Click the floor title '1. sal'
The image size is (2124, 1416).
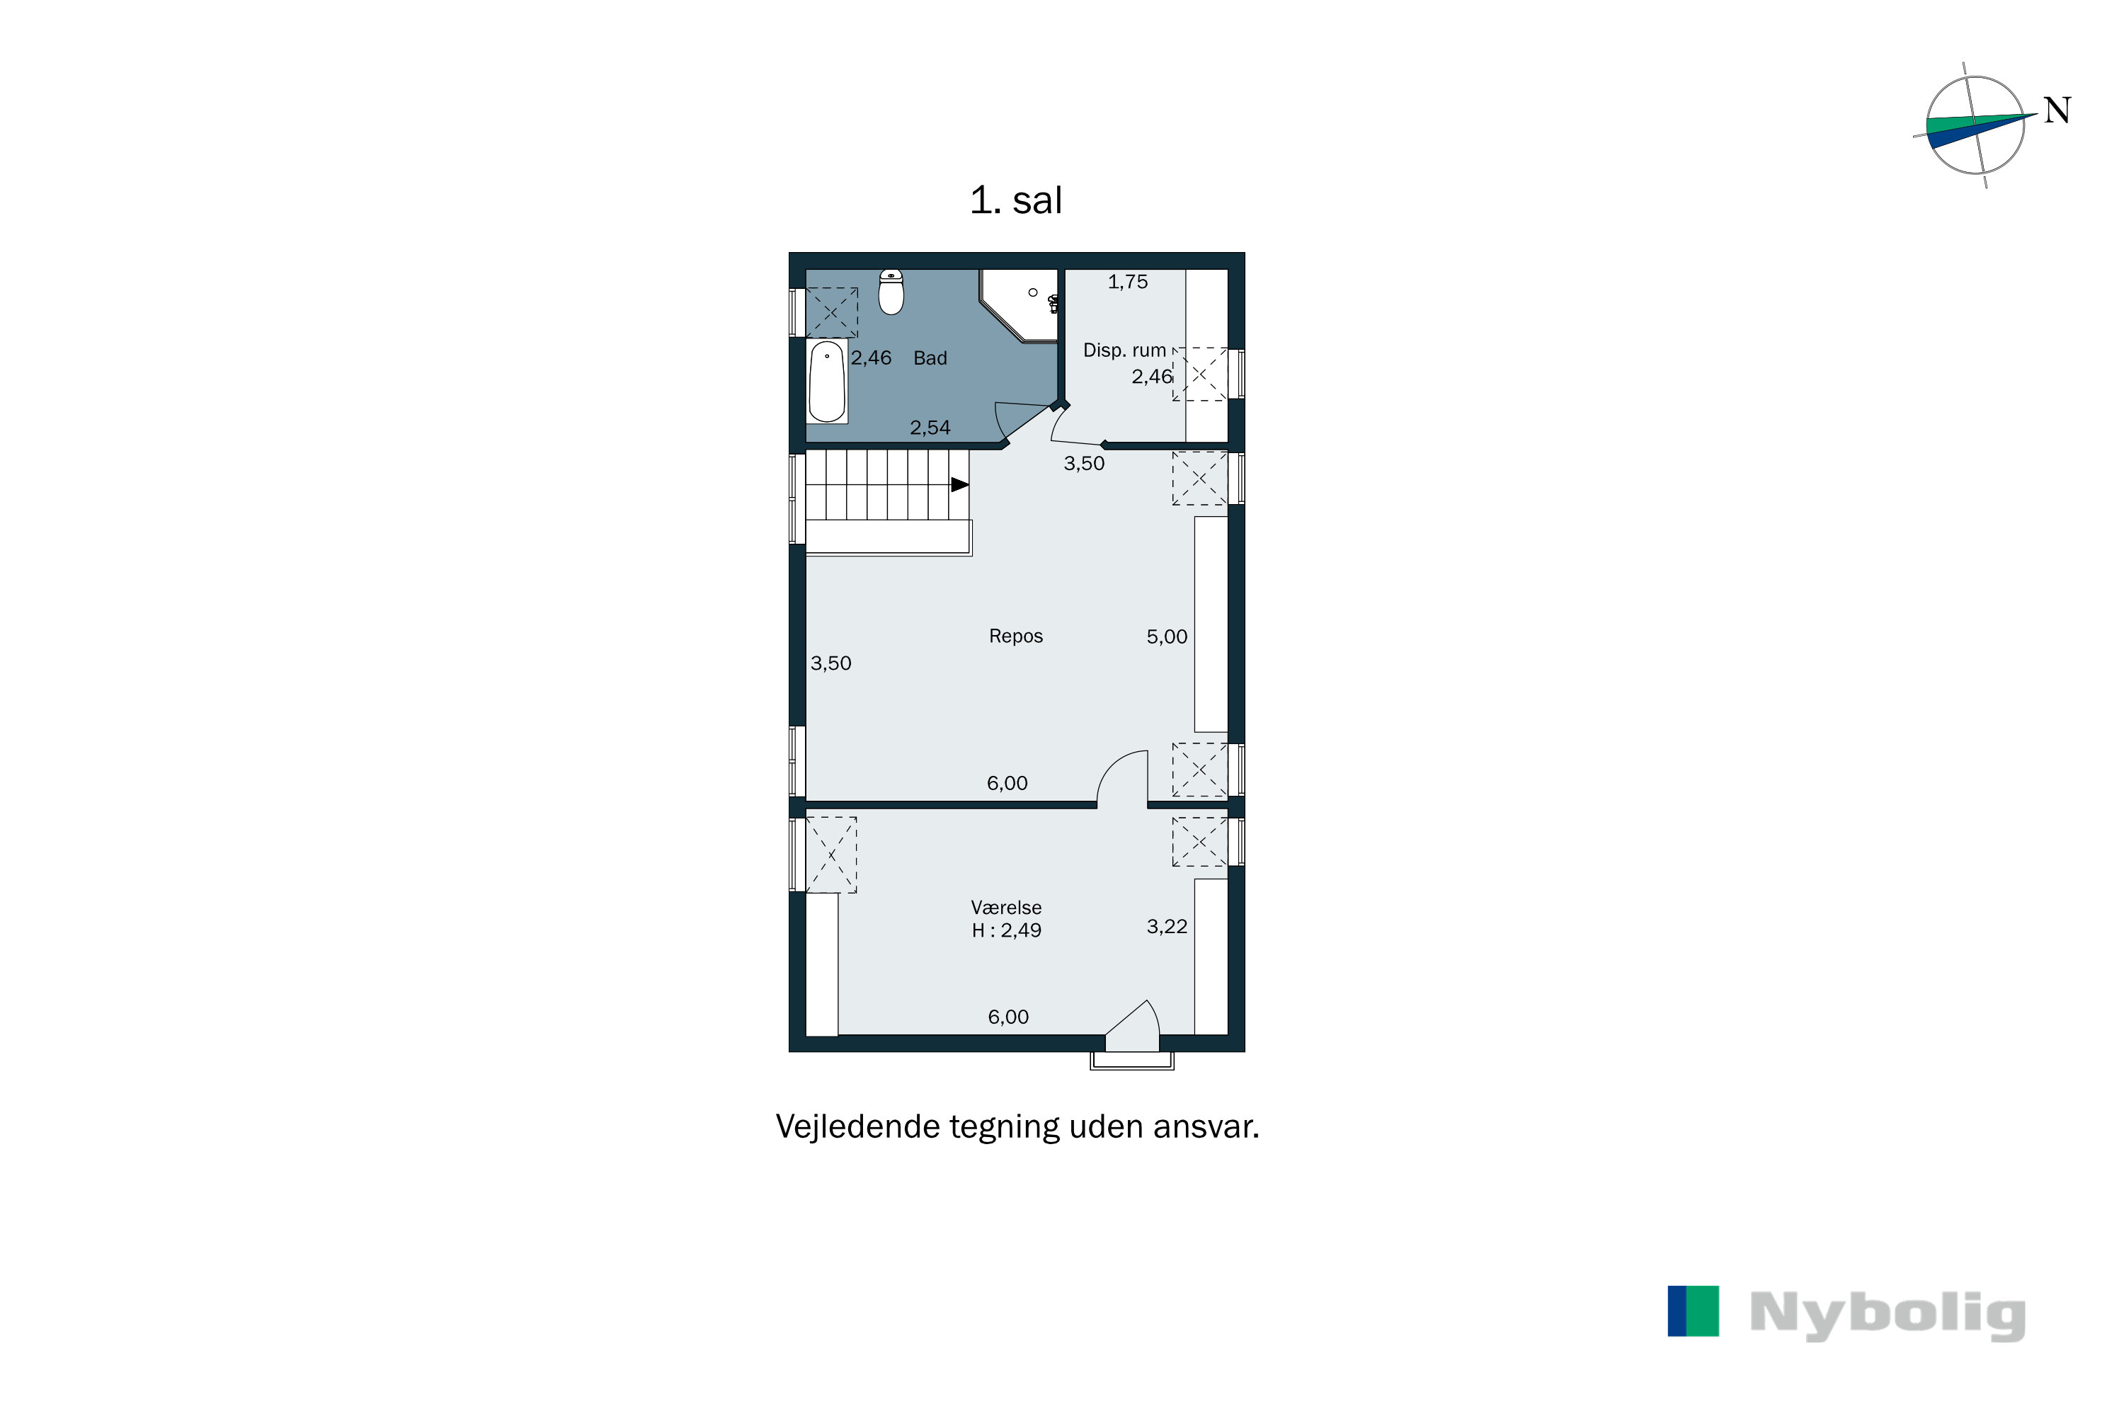[1015, 200]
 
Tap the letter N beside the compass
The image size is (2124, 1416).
[2057, 111]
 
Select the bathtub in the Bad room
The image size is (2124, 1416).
[826, 382]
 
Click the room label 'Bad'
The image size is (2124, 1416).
[930, 358]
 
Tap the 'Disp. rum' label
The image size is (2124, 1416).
[1124, 350]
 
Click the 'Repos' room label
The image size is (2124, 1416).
[1016, 636]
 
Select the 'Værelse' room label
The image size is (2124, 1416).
[1006, 908]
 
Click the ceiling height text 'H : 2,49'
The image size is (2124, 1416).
[1006, 931]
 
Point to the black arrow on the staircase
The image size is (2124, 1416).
[960, 485]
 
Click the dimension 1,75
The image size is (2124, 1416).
[1128, 282]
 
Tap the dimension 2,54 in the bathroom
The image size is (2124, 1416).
[930, 428]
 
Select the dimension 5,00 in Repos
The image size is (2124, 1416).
[1167, 636]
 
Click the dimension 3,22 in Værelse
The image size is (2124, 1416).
[1167, 927]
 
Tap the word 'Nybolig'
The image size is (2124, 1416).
[1888, 1315]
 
